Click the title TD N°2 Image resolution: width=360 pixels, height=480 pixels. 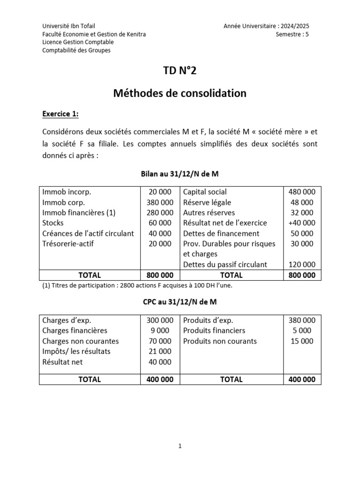pyautogui.click(x=180, y=71)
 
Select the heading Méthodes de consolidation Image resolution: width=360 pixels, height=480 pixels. pyautogui.click(x=180, y=93)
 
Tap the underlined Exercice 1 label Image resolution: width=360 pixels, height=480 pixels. pyautogui.click(x=60, y=114)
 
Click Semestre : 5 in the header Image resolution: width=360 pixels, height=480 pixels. pyautogui.click(x=292, y=34)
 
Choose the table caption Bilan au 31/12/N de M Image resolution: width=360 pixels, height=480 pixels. pyautogui.click(x=180, y=173)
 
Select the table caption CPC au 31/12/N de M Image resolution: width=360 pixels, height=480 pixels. pyautogui.click(x=180, y=302)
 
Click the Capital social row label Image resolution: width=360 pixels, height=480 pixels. pyautogui.click(x=205, y=192)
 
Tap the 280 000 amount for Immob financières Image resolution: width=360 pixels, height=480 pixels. pyautogui.click(x=159, y=212)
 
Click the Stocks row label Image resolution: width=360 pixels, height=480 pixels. pyautogui.click(x=52, y=223)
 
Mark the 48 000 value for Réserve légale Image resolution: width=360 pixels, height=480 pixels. pyautogui.click(x=304, y=202)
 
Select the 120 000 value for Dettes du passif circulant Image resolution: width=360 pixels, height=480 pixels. pyautogui.click(x=301, y=264)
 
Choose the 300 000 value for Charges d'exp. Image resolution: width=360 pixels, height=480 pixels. pyautogui.click(x=159, y=321)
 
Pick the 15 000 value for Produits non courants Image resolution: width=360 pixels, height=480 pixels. pyautogui.click(x=304, y=341)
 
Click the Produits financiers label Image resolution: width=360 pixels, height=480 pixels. pyautogui.click(x=214, y=331)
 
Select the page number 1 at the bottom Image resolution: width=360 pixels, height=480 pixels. pyautogui.click(x=180, y=446)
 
